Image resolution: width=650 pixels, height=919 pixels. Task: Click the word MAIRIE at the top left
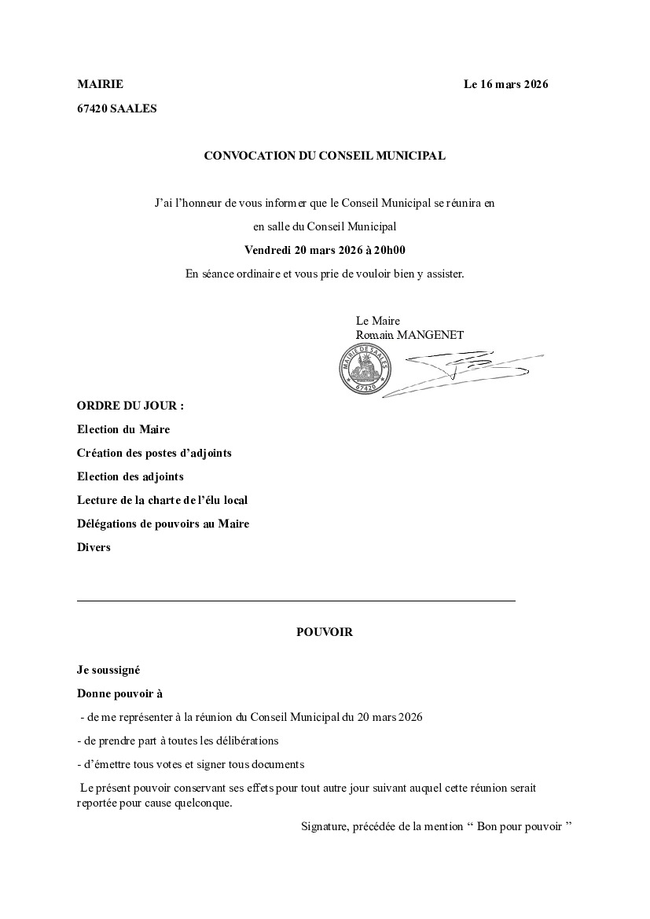[x=100, y=85]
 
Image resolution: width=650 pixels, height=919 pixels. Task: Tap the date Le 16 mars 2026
[x=505, y=85]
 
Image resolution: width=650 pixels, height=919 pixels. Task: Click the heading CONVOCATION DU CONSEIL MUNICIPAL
[x=325, y=156]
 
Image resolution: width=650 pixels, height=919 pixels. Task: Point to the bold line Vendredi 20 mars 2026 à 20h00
[x=325, y=250]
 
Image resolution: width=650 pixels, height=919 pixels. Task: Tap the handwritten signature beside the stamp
[x=464, y=369]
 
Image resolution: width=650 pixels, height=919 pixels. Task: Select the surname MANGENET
[x=430, y=335]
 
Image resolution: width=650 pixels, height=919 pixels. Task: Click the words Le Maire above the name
[x=377, y=321]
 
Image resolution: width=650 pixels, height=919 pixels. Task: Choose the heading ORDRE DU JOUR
[x=130, y=406]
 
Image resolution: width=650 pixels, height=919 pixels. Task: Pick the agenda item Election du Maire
[x=123, y=429]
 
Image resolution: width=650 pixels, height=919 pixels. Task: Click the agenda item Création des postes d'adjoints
[x=154, y=453]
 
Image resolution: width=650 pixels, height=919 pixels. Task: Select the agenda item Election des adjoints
[x=130, y=476]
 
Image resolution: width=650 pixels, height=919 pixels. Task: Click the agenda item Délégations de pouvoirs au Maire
[x=163, y=524]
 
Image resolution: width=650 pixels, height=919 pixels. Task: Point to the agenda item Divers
[x=94, y=547]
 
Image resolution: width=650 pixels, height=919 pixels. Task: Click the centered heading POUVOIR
[x=325, y=632]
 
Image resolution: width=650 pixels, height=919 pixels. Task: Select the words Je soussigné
[x=108, y=670]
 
